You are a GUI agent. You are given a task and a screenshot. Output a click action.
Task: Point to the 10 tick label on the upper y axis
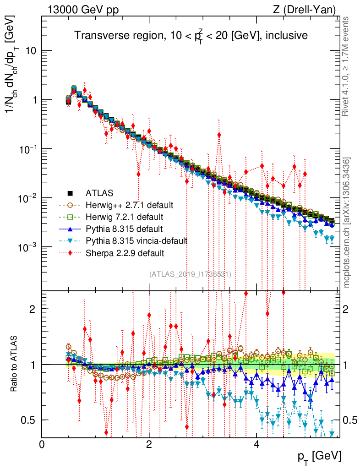pos(30,51)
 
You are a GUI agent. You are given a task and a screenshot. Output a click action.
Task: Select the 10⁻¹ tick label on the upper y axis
pos(27,149)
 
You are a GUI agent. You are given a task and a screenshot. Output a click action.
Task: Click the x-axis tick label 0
pos(42,444)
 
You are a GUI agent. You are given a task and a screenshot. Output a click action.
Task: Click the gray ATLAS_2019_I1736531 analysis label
pos(190,274)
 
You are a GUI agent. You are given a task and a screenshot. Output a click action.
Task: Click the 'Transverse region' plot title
pos(191,35)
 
